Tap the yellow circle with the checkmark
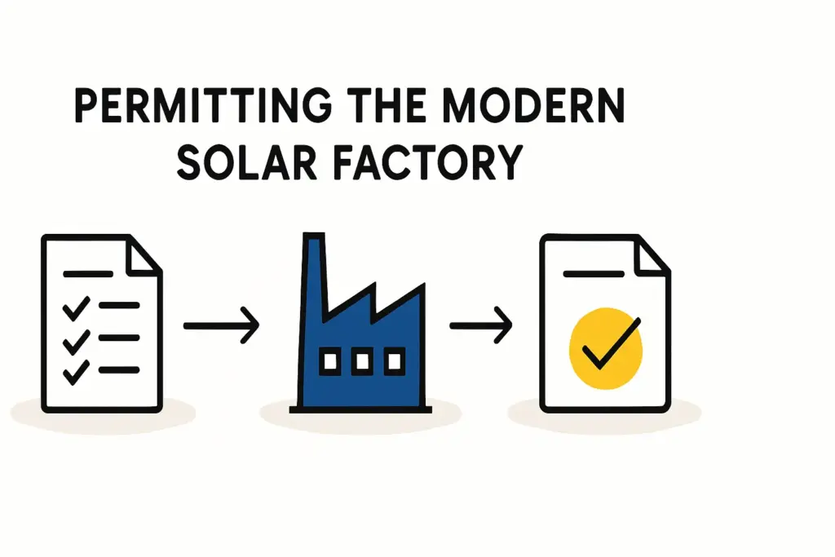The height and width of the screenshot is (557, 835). [x=606, y=347]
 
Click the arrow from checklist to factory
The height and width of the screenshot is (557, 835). [x=221, y=327]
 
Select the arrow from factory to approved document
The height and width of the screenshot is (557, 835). [x=481, y=327]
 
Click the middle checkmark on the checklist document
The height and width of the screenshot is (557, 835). [x=76, y=340]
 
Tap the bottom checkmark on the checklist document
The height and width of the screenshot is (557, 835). [x=76, y=372]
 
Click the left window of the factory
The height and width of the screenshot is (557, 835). [x=330, y=360]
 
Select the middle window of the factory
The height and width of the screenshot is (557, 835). [x=361, y=360]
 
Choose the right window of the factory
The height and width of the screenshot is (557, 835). [x=394, y=360]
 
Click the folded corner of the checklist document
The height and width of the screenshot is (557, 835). [x=144, y=254]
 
